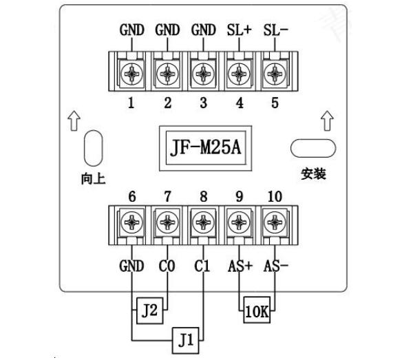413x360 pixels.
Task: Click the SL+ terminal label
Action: pos(237,31)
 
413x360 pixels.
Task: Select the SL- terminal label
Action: pos(275,31)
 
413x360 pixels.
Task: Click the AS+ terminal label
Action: pos(239,266)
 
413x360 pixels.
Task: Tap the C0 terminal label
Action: pos(167,266)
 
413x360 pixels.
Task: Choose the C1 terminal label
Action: pos(202,266)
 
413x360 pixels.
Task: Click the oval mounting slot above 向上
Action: pos(92,147)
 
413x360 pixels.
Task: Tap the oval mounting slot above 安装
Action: pos(313,147)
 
